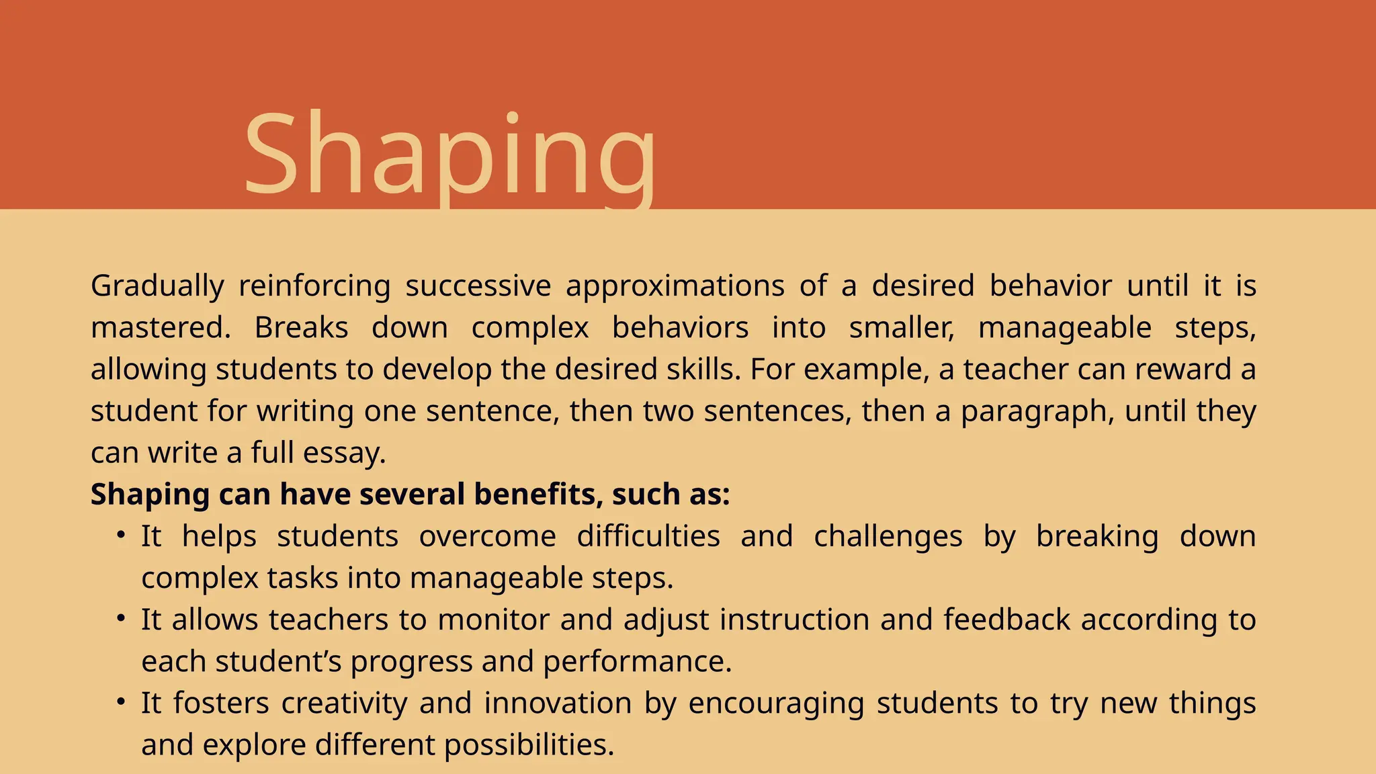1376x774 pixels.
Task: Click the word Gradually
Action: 157,286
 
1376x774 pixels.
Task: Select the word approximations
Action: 675,286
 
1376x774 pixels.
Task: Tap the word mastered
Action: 160,328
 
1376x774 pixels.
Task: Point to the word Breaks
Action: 301,328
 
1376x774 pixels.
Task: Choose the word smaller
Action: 901,328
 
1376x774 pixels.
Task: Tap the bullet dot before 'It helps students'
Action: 121,535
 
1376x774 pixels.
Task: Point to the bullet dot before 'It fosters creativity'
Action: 121,702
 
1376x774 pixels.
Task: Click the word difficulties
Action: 648,536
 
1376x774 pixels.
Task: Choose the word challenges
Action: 888,536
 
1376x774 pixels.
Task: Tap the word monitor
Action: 493,619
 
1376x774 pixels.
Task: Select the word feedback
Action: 1006,619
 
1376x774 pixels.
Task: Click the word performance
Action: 637,662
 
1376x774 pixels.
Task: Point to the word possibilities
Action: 529,745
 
